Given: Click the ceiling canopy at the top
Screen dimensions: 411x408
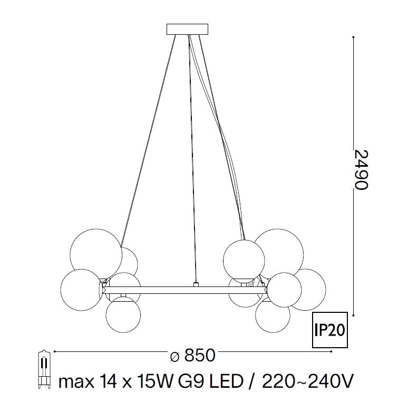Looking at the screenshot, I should coord(187,30).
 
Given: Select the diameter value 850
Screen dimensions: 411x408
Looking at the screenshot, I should coord(199,356).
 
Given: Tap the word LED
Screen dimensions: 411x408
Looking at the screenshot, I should coord(225,380).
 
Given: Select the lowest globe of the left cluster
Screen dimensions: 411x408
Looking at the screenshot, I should coord(123,314).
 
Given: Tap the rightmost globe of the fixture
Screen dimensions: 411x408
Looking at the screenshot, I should coord(307,289).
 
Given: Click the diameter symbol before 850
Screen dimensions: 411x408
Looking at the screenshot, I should coord(174,357).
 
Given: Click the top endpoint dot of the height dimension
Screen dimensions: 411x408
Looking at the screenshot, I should coord(352,36).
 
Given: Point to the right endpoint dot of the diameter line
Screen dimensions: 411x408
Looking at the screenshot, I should coord(331,351).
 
